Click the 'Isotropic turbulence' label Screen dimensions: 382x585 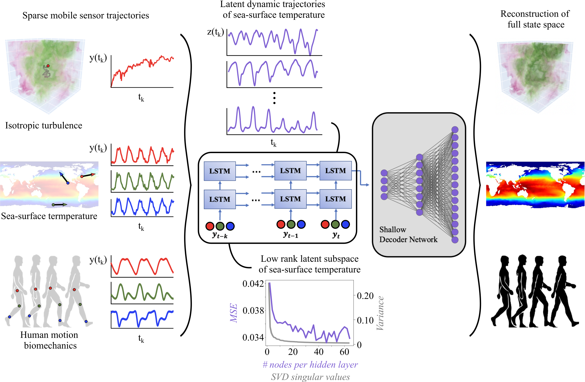point(44,125)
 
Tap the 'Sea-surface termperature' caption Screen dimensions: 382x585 point(49,216)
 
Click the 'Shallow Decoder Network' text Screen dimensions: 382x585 point(408,235)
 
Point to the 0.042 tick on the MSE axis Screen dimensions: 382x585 point(253,284)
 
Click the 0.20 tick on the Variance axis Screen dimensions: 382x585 point(365,296)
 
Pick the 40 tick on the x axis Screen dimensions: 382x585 point(318,352)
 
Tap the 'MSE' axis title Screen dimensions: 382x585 point(234,313)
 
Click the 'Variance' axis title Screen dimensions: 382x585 point(380,313)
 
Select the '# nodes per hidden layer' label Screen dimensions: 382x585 point(310,365)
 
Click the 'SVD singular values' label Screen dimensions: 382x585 point(310,377)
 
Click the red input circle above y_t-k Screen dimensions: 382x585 point(210,226)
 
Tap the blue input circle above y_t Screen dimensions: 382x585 point(345,224)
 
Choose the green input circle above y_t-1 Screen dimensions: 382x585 point(291,224)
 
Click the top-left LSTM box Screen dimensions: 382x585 point(220,171)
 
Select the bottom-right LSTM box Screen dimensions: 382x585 point(336,199)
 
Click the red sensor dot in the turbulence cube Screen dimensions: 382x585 point(48,66)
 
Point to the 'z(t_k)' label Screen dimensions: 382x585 point(215,32)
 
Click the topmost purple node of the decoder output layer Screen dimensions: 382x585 point(455,130)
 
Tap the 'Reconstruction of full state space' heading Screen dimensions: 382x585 point(535,19)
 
